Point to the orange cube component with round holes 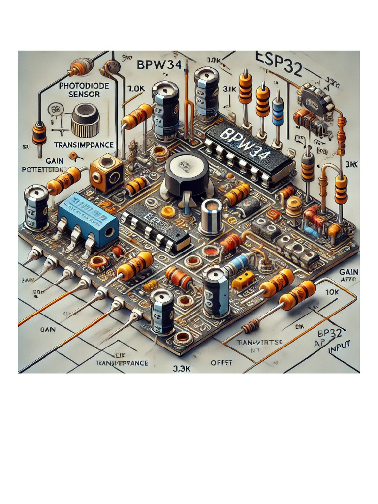tap(106, 173)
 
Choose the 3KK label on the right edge tap(351, 164)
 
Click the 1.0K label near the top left tap(135, 89)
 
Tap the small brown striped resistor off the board tap(251, 325)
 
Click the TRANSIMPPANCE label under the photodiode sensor tap(84, 145)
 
